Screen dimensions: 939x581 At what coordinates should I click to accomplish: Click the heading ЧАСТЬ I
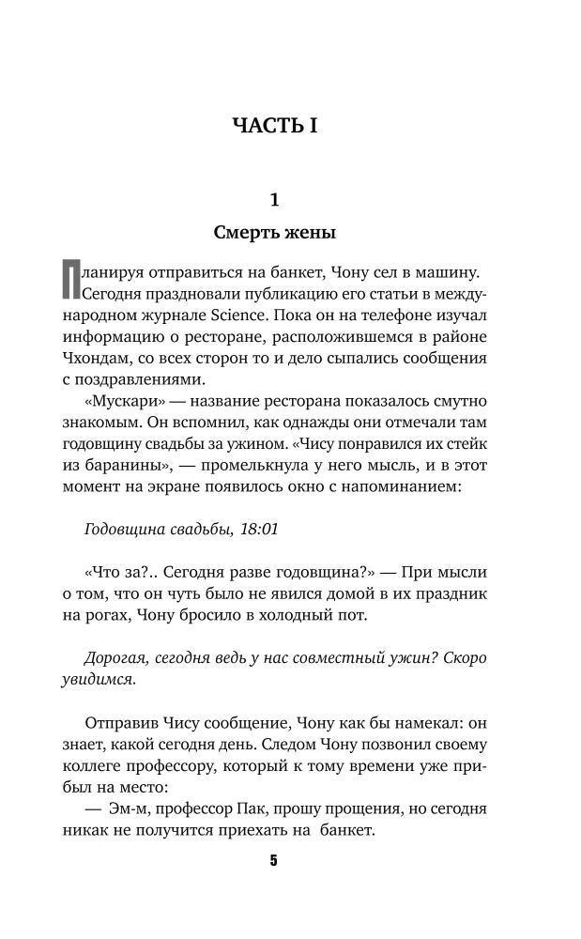pyautogui.click(x=274, y=126)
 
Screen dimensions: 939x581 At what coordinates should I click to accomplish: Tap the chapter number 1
pyautogui.click(x=274, y=199)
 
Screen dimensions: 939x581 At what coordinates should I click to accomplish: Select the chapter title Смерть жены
pyautogui.click(x=274, y=231)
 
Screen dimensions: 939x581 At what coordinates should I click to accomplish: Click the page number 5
pyautogui.click(x=274, y=862)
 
